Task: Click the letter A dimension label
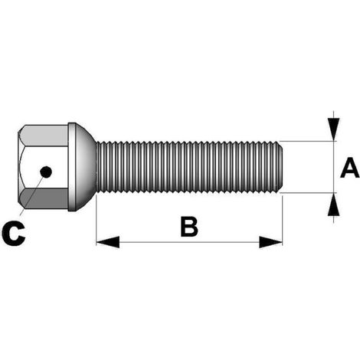[x=350, y=168]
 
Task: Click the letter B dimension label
[x=189, y=226]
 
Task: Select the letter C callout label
[x=14, y=234]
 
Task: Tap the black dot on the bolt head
[x=46, y=172]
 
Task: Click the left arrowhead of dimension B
[x=108, y=242]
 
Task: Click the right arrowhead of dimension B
[x=270, y=242]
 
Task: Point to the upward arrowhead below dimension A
[x=333, y=205]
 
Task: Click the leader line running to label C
[x=32, y=195]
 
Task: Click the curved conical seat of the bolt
[x=87, y=167]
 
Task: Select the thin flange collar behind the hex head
[x=72, y=167]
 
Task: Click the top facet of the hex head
[x=44, y=136]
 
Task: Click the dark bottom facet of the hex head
[x=44, y=198]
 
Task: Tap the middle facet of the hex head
[x=44, y=167]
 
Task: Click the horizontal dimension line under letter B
[x=189, y=242]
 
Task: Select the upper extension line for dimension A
[x=308, y=141]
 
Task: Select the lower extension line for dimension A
[x=308, y=193]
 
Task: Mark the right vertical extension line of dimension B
[x=283, y=221]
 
